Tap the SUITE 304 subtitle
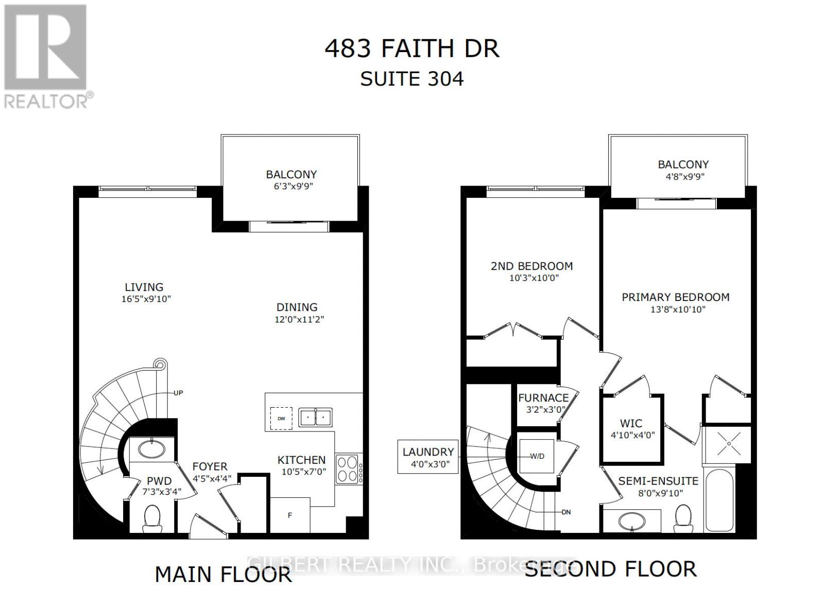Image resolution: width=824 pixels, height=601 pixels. (411, 79)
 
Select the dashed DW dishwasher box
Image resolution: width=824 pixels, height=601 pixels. (281, 419)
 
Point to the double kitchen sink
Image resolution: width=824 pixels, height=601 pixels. (316, 417)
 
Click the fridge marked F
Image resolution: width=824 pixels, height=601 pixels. (290, 514)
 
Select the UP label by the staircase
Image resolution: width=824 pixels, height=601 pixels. (178, 393)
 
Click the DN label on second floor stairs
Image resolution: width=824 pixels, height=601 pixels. (566, 512)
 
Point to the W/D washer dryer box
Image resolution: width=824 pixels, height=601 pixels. (537, 456)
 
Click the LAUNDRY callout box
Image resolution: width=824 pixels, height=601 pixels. (428, 457)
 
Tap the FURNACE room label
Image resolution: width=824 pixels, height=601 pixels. (543, 398)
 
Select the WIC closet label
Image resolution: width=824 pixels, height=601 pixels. (631, 423)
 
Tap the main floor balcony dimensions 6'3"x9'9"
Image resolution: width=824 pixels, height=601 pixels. (291, 187)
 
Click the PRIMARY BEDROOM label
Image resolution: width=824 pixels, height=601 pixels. (675, 297)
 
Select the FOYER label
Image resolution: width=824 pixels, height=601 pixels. (210, 466)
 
